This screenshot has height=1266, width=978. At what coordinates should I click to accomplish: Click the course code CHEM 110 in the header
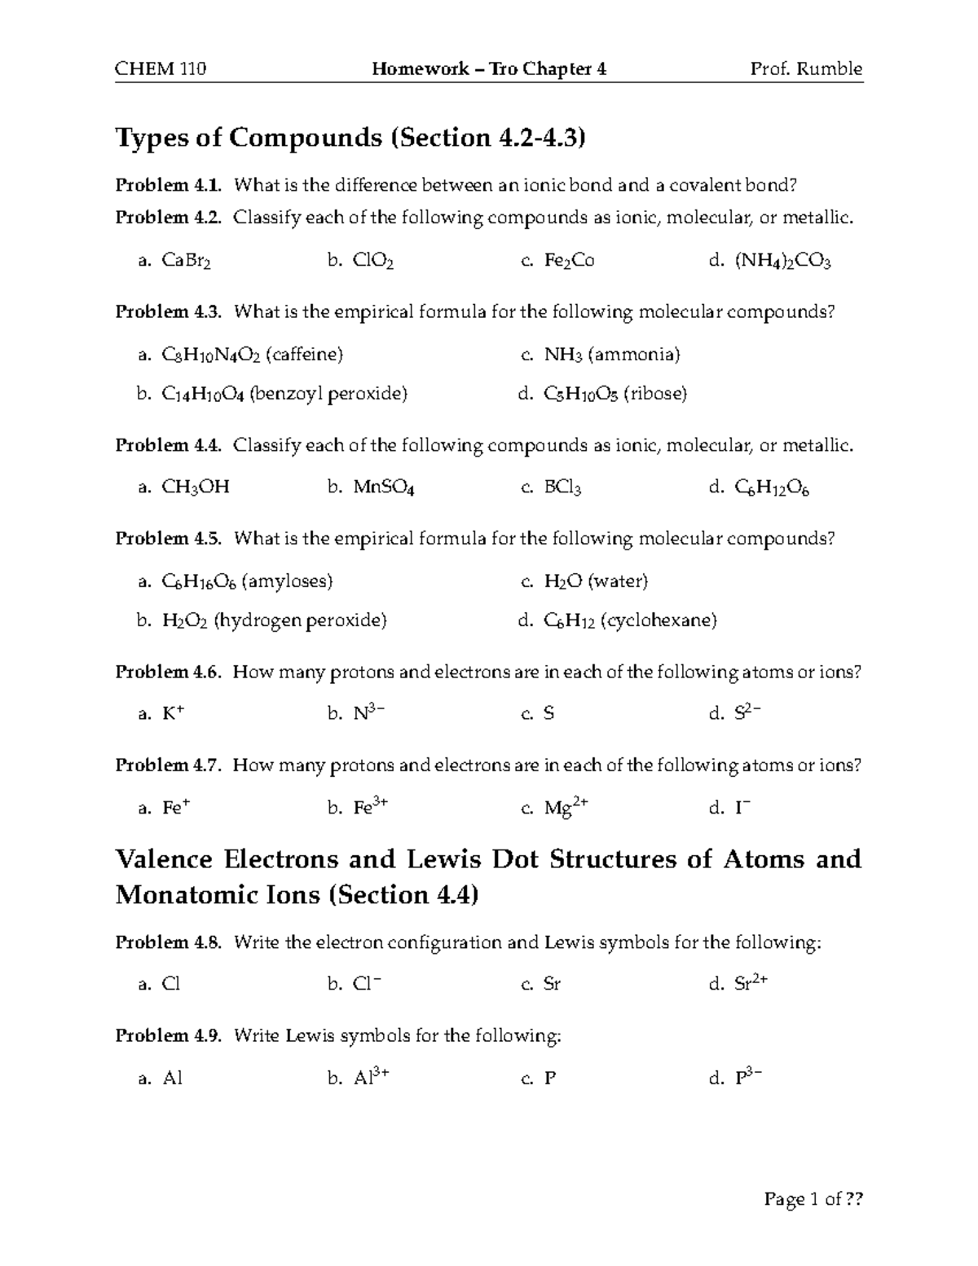click(x=161, y=68)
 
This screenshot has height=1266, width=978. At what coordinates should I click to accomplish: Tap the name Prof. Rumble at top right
click(x=806, y=68)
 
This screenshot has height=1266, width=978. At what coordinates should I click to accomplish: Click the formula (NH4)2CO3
click(x=782, y=261)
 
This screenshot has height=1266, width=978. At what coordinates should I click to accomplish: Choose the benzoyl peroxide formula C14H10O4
click(x=202, y=395)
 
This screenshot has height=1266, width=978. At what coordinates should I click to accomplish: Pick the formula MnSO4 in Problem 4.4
click(x=384, y=487)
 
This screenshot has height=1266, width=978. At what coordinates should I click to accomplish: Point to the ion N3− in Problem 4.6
click(x=369, y=713)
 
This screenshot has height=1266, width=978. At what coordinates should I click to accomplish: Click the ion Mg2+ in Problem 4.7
click(x=566, y=808)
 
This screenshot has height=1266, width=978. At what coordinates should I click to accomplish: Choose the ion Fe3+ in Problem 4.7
click(x=370, y=808)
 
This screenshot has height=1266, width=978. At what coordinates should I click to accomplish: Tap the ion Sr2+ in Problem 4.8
click(x=751, y=984)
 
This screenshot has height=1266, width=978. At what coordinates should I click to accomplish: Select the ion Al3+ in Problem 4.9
click(x=371, y=1078)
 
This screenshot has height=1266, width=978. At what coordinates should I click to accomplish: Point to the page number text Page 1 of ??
click(x=813, y=1199)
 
